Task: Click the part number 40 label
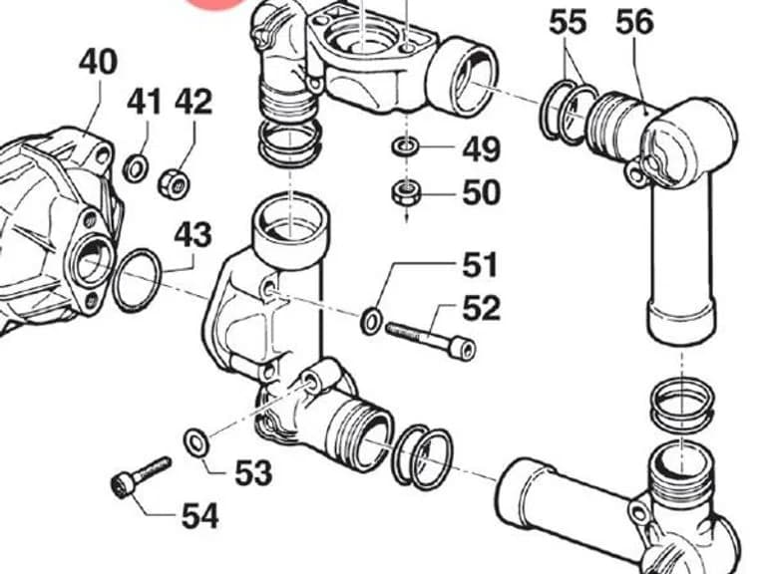click(x=98, y=62)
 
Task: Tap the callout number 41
click(x=144, y=102)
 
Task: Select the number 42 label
click(x=193, y=102)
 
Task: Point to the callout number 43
click(x=193, y=234)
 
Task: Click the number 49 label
click(x=481, y=149)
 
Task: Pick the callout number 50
click(x=481, y=192)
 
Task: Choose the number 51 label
click(x=479, y=265)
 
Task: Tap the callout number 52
click(x=481, y=308)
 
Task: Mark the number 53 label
click(x=253, y=472)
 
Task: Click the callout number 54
click(x=199, y=516)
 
